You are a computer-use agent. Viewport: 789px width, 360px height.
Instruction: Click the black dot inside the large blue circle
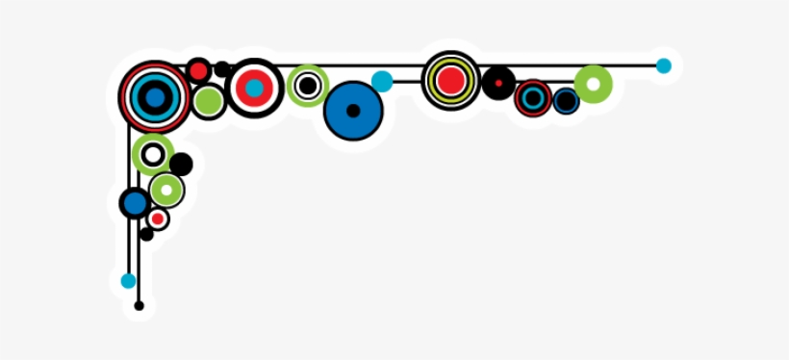click(x=353, y=111)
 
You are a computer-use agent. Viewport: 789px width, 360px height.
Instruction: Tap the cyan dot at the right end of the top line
click(x=663, y=65)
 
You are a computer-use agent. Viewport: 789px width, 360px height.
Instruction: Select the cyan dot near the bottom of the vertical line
click(x=128, y=281)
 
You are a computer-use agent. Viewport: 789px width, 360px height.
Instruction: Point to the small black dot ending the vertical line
click(x=139, y=306)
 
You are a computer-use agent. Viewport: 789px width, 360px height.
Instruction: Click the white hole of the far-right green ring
click(x=593, y=84)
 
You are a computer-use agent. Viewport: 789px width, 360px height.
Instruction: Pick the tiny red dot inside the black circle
click(x=497, y=83)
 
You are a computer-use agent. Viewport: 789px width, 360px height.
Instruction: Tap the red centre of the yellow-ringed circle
click(x=450, y=80)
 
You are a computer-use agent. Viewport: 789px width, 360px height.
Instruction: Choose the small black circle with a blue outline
click(x=566, y=101)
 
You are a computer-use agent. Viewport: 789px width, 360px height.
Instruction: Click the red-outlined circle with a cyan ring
click(x=532, y=98)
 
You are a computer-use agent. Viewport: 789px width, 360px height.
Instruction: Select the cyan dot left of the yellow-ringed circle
click(x=382, y=82)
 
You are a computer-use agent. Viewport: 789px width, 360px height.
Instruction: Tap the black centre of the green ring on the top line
click(x=308, y=86)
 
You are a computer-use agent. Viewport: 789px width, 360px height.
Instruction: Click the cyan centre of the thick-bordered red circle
click(x=254, y=88)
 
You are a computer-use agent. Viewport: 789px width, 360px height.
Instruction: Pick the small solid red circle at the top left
click(x=198, y=69)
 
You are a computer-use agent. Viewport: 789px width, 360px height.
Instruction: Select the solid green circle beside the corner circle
click(x=208, y=100)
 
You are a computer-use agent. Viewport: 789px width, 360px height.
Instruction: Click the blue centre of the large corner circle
click(x=154, y=95)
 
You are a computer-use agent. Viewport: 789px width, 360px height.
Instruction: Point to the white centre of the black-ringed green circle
click(x=153, y=154)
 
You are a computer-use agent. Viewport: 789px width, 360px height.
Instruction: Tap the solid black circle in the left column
click(x=181, y=165)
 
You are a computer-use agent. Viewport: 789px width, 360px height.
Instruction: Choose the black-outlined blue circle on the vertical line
click(x=135, y=203)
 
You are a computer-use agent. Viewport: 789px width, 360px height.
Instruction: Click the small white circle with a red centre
click(x=157, y=219)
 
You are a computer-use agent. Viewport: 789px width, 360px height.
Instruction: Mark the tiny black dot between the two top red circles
click(x=222, y=69)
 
